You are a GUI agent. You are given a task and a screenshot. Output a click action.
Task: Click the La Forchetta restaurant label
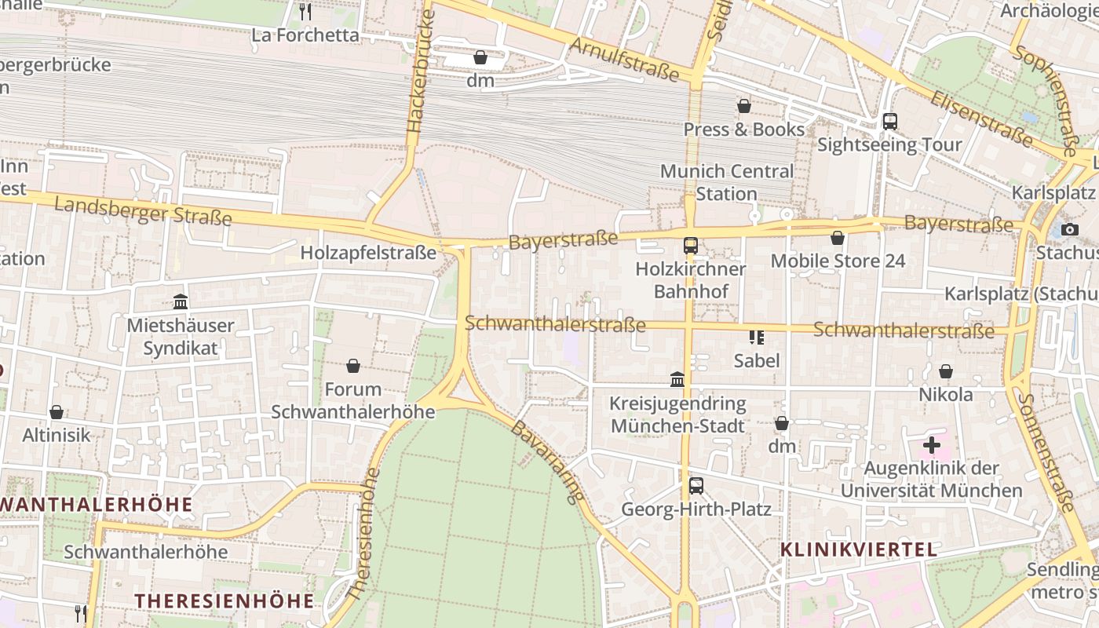pos(305,35)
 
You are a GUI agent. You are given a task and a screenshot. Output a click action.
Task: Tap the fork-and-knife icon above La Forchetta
pos(305,11)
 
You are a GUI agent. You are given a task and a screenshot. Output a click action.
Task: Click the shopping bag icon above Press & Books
pos(744,106)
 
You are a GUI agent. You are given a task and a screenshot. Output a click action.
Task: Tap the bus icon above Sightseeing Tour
pos(889,122)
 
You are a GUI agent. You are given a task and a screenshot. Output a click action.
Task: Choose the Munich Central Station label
pos(727,182)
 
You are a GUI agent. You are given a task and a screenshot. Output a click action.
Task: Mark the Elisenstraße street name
pos(981,118)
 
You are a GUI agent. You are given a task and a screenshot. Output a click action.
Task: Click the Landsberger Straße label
pos(143,210)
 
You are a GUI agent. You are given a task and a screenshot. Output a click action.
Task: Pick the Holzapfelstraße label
pos(368,253)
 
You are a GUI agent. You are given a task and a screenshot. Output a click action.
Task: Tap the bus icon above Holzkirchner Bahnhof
pos(691,246)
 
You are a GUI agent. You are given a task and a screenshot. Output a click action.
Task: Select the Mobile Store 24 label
pos(838,261)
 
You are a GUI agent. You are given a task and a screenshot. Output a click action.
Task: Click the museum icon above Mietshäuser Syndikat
pos(181,301)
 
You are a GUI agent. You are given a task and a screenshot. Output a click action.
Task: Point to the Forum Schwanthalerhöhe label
pos(352,400)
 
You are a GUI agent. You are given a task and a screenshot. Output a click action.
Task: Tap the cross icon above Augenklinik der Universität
pos(932,446)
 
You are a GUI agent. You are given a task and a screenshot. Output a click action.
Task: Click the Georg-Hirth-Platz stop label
pos(696,509)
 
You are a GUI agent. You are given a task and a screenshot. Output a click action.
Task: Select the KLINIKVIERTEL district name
pos(859,549)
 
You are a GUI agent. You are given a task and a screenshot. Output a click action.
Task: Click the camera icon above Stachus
pos(1069,230)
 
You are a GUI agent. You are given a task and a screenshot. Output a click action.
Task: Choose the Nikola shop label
pos(946,394)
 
